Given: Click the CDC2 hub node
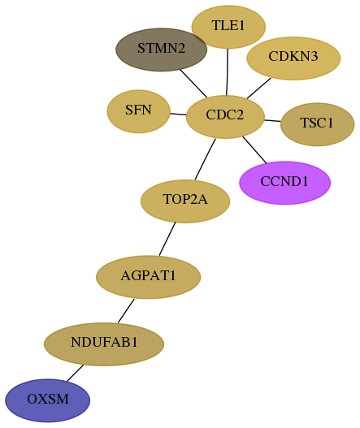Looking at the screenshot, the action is coord(225,117).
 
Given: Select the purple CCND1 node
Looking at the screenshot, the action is coord(285,183).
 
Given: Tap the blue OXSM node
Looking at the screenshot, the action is coord(47,400).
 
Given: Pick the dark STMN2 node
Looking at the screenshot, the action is coord(162,50).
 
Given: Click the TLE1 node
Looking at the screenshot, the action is coord(228,27).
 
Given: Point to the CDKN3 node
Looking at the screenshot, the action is coord(293,58).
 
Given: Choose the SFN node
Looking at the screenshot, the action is coord(138,111).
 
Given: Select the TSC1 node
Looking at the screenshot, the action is coord(318,124).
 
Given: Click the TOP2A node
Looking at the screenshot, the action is coord(185,201).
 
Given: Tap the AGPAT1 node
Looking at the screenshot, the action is coord(149,277).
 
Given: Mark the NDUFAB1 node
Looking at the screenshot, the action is coord(104,344).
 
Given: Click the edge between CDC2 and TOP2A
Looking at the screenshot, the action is coord(205,159).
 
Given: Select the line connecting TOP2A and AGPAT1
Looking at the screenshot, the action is coord(167,239).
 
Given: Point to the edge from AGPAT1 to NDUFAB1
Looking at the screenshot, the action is coord(126,310).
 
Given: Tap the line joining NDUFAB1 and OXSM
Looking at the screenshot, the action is coord(75,373).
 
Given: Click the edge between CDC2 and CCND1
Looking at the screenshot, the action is coord(254,150).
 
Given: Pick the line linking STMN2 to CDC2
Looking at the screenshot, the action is coord(193,84).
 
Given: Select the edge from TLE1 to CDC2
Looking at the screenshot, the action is coord(228,72).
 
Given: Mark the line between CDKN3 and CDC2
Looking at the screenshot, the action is coord(259,89).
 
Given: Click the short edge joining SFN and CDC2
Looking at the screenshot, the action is coord(178,114).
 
